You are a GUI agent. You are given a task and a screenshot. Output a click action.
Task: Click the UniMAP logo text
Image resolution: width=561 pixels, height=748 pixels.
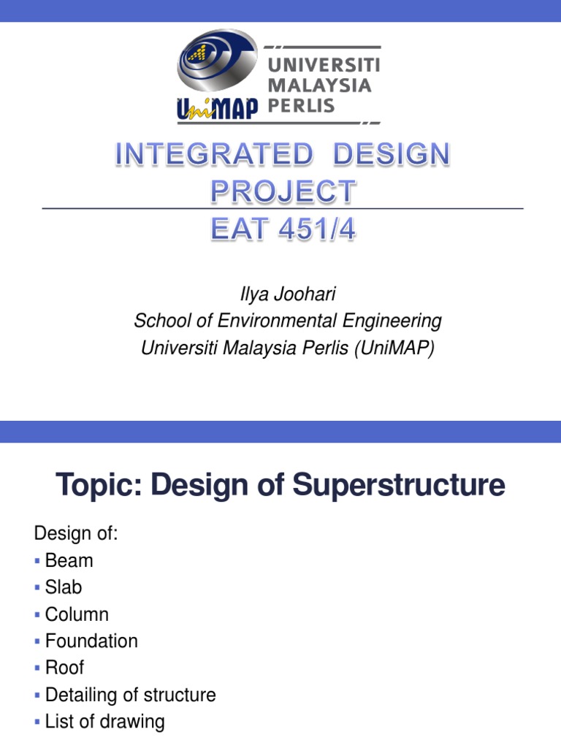tap(217, 108)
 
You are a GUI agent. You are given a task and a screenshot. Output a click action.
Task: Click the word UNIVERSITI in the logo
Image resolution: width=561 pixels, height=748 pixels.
tap(324, 64)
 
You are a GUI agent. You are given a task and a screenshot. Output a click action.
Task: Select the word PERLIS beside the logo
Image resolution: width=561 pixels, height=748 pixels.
tap(302, 105)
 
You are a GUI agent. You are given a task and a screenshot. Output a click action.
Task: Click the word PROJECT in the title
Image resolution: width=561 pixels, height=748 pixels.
tap(283, 192)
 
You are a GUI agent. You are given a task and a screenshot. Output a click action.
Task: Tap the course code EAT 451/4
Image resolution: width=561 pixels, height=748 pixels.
tap(283, 229)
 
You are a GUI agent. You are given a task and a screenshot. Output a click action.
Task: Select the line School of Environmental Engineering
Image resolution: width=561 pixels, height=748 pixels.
tap(288, 321)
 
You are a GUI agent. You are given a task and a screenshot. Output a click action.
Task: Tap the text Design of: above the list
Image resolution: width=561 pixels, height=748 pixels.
tap(75, 535)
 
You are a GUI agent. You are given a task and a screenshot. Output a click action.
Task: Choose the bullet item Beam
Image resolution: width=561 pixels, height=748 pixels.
tap(69, 561)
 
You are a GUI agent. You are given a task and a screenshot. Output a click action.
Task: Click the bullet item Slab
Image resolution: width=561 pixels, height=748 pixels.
tap(64, 587)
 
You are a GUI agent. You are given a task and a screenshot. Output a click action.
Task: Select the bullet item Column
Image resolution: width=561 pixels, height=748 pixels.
tap(77, 614)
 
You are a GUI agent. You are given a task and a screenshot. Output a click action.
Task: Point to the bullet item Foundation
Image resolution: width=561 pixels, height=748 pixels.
tap(91, 641)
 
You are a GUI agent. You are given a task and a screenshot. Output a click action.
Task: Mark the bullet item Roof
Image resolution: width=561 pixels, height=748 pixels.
tap(64, 667)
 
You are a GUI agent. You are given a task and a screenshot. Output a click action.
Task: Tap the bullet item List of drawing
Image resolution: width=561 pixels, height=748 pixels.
tap(104, 722)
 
